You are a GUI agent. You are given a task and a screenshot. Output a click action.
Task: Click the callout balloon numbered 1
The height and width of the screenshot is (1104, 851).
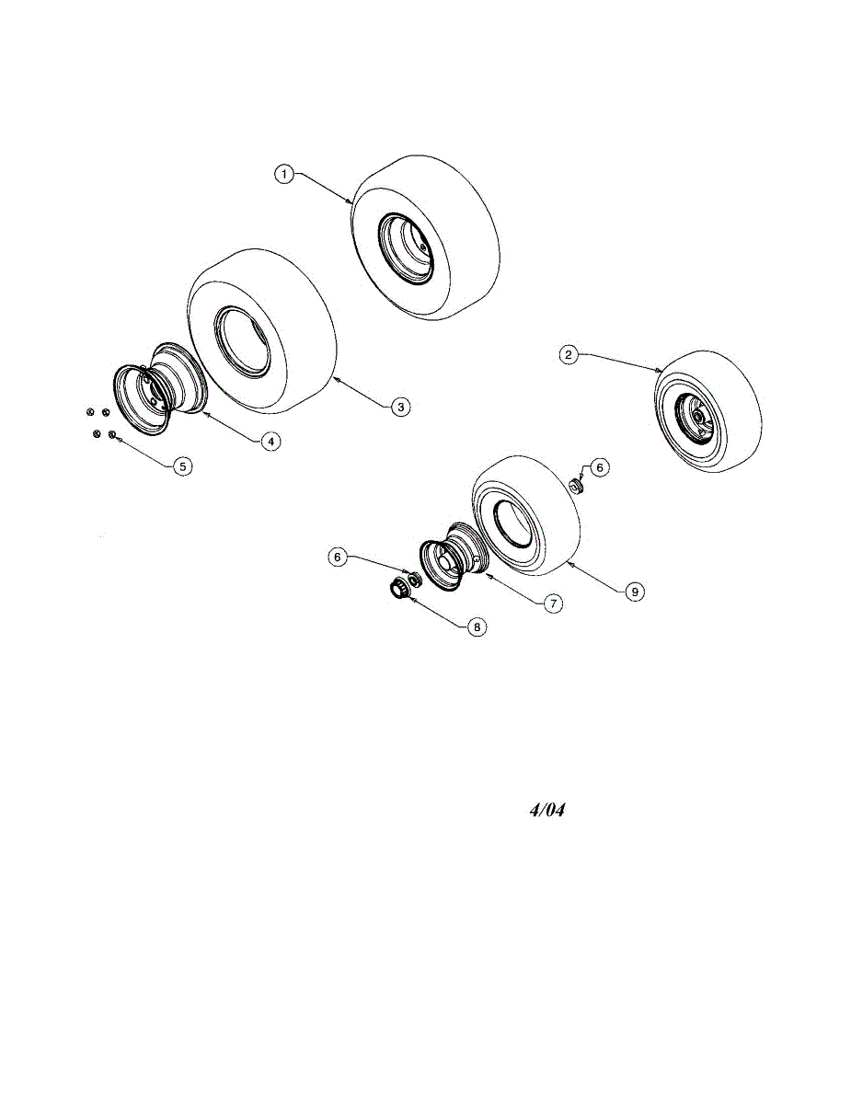[x=285, y=174]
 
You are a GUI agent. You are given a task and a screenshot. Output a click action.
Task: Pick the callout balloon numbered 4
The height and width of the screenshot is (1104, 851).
[x=270, y=442]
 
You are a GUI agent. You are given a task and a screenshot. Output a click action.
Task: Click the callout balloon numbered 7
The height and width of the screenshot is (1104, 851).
[x=552, y=604]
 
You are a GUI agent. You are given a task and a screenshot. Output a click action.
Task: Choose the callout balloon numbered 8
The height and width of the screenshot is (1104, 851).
[x=476, y=627]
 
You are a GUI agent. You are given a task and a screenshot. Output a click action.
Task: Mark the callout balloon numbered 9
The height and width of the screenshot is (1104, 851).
[x=634, y=592]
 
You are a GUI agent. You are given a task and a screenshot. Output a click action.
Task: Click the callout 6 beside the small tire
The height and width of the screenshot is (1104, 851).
[x=599, y=467]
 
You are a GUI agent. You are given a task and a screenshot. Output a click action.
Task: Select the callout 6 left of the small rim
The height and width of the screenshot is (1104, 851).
[x=339, y=557]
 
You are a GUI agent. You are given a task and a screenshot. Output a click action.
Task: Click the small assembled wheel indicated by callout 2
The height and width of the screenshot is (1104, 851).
[x=707, y=411]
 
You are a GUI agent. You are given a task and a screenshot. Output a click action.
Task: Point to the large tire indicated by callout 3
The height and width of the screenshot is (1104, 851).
[x=263, y=331]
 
